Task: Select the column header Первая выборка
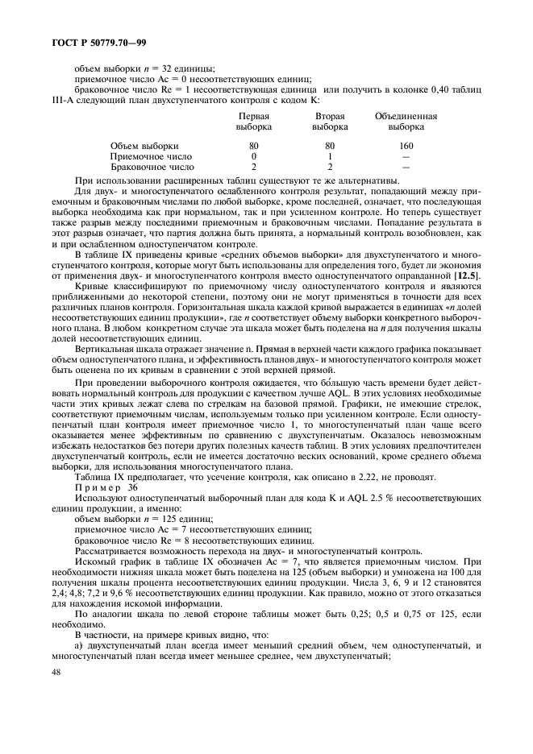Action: coord(253,122)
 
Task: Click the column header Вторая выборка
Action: coord(330,122)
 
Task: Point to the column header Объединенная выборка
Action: coord(406,122)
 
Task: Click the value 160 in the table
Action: coord(406,146)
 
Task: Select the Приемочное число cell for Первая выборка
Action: coord(253,156)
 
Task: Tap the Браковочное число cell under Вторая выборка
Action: coord(330,167)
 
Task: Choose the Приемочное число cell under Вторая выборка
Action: coord(330,156)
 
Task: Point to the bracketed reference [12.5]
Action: coord(467,275)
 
